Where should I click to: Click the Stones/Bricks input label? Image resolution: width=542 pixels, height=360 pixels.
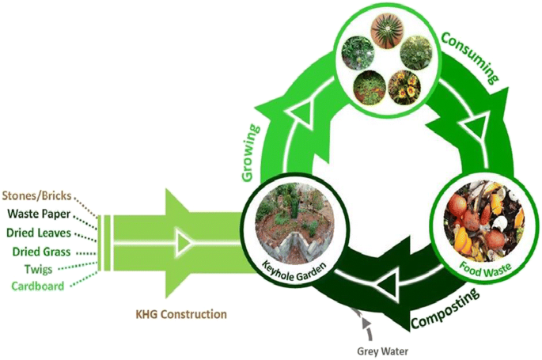37,195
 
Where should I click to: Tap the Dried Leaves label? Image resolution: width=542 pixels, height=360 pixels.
39,233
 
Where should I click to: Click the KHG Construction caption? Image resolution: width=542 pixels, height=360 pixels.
181,314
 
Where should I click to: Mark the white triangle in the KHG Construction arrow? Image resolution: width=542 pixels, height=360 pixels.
183,241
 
